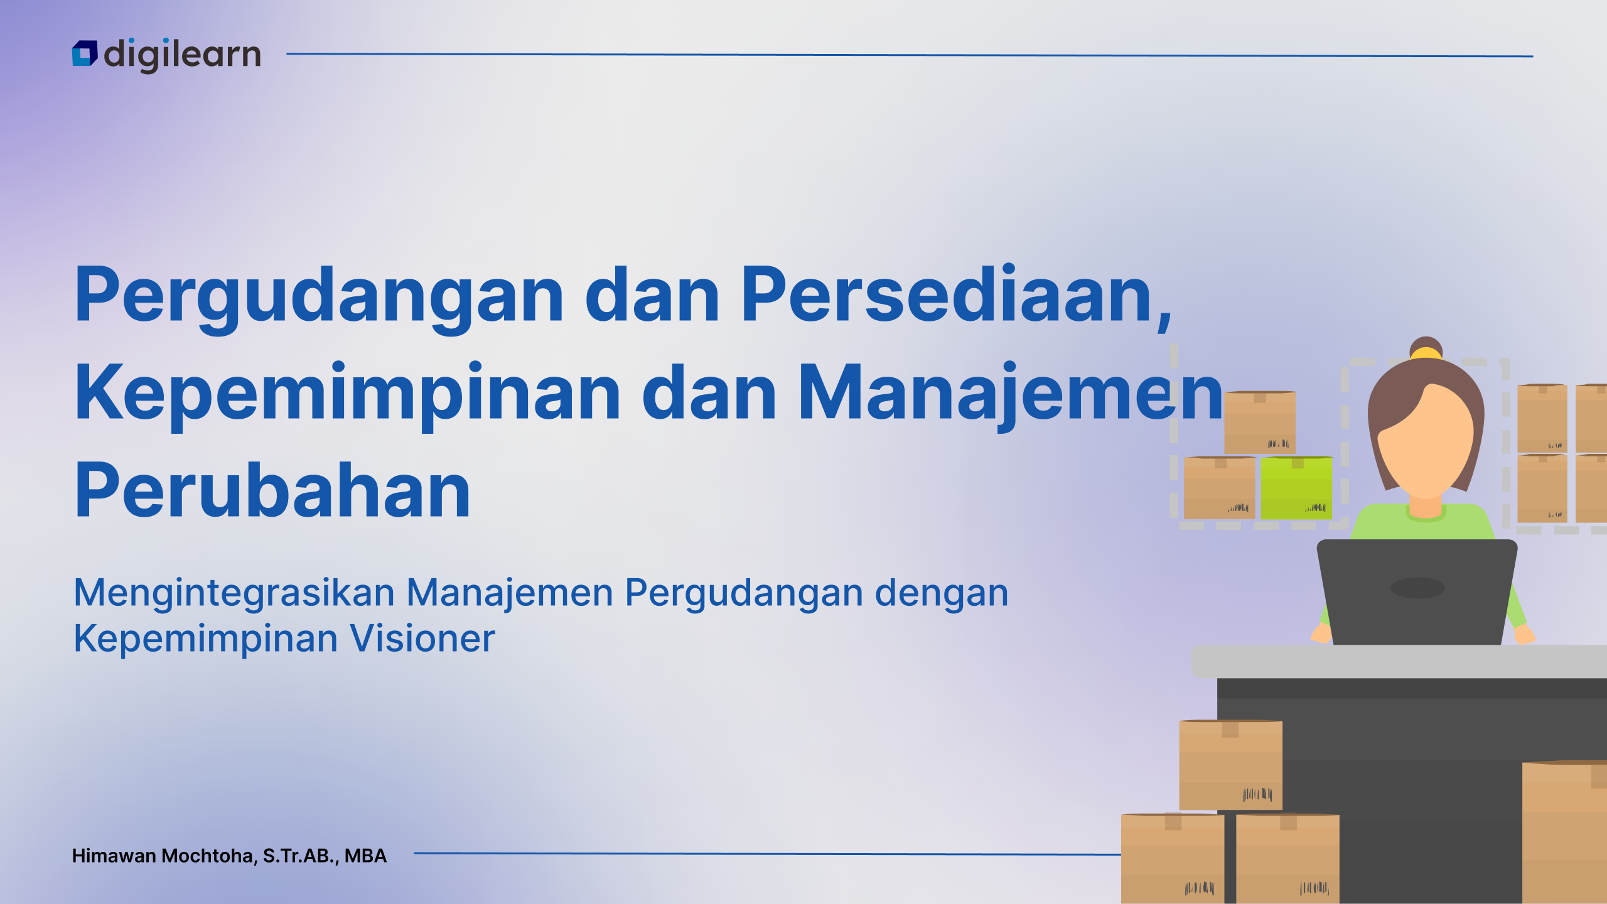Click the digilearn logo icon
(85, 53)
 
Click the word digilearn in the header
(182, 55)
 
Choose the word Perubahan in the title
(272, 490)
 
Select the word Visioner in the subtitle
(422, 638)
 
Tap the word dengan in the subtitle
(942, 594)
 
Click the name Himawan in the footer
(114, 856)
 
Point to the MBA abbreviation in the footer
(365, 856)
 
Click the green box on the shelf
(1296, 488)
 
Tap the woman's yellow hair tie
(1426, 353)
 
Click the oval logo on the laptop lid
(1417, 588)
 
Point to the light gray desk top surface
(1399, 661)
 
